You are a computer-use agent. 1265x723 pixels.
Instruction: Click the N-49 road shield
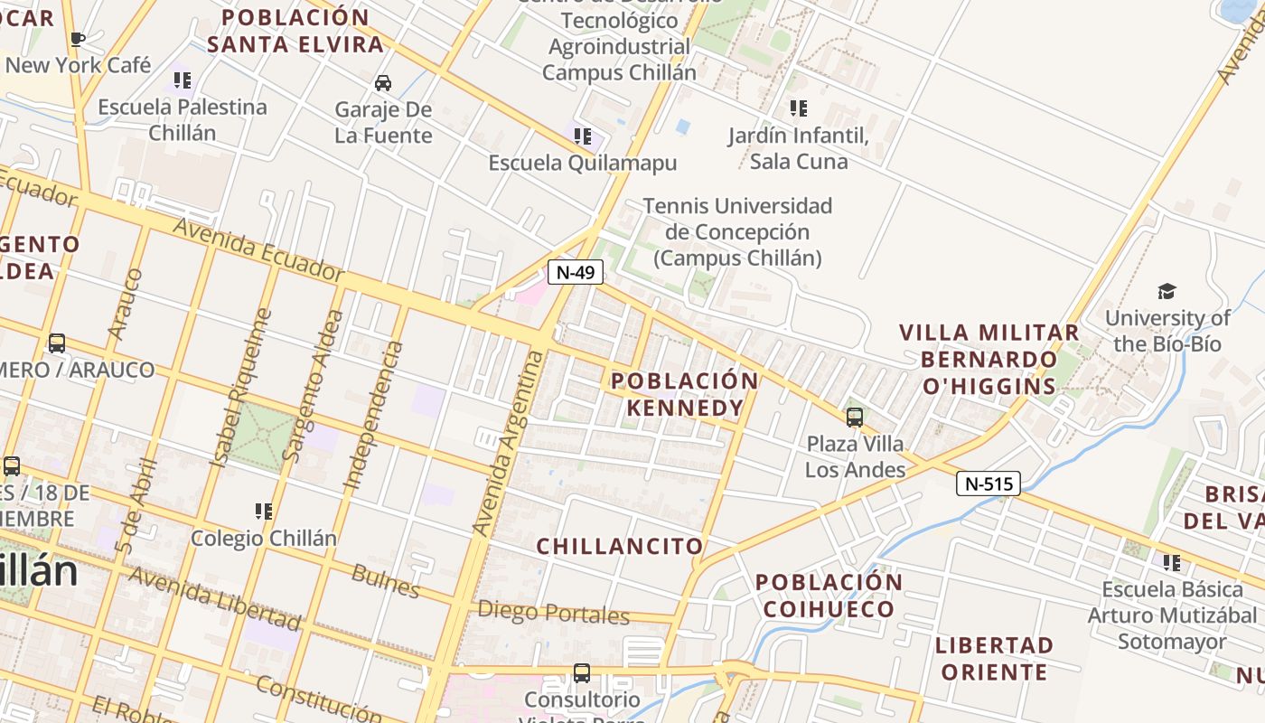[575, 272]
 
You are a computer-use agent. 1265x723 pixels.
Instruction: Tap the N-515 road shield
[989, 484]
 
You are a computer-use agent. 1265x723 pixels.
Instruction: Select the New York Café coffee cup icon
[78, 39]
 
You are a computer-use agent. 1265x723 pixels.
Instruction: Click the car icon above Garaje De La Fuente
[383, 83]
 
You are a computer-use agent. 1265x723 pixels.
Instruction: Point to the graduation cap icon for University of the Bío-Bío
[1167, 291]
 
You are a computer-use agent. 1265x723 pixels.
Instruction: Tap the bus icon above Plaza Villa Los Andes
[854, 418]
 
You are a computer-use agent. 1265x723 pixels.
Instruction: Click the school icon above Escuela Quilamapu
[582, 136]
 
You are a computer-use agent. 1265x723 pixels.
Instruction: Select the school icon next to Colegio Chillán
[263, 512]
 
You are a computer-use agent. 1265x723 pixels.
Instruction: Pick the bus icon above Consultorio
[582, 673]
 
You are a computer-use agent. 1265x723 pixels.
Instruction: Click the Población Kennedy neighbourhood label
[685, 394]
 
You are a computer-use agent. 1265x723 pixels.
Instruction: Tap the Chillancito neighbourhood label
[620, 546]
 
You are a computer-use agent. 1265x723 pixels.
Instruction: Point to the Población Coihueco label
[829, 595]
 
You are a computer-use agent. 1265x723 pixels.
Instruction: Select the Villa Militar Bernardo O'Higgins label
[989, 359]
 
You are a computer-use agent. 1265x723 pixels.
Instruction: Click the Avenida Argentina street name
[509, 443]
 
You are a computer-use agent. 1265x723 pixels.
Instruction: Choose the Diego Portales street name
[553, 613]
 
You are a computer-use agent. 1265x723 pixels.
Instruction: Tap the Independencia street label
[371, 416]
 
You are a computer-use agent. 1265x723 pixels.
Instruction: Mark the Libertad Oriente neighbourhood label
[993, 658]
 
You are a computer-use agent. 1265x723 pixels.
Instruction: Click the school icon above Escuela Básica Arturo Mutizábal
[1171, 563]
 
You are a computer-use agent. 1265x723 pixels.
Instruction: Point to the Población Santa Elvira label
[295, 31]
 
